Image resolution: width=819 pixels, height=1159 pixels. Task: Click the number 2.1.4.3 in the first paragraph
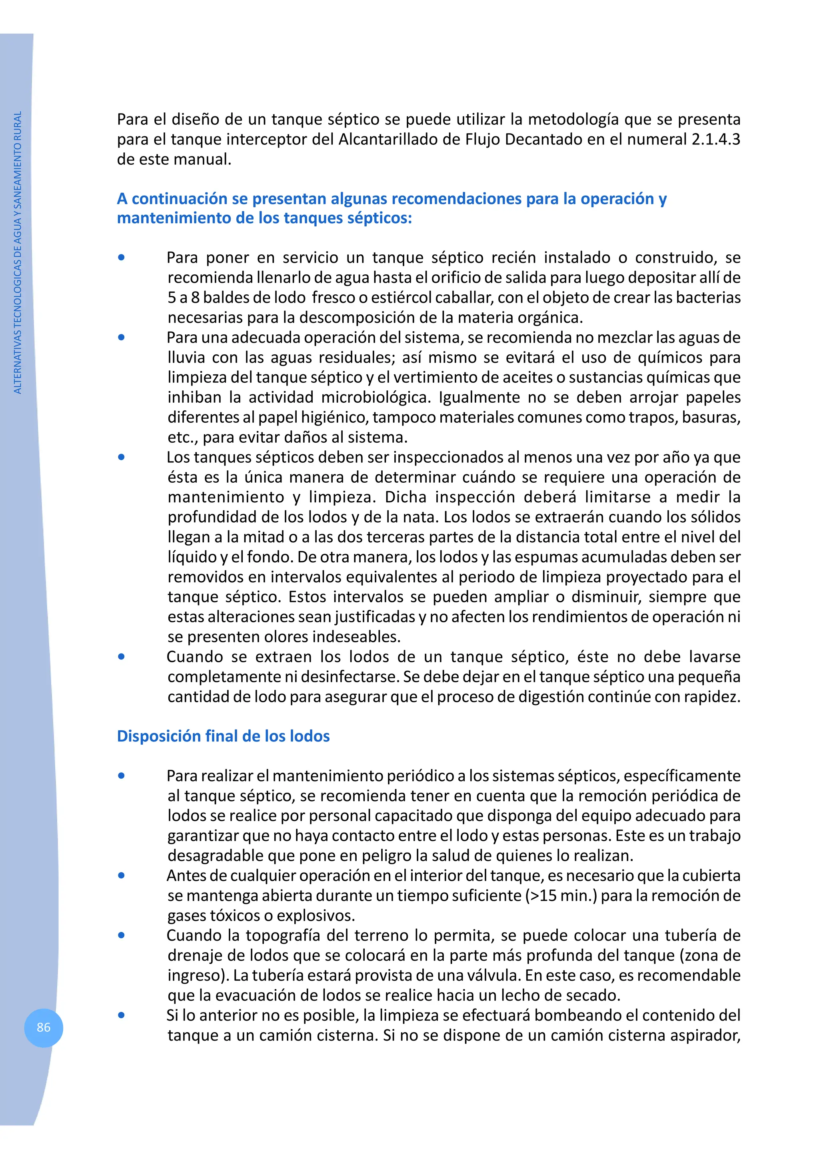[715, 139]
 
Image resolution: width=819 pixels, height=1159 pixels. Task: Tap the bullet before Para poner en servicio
[121, 258]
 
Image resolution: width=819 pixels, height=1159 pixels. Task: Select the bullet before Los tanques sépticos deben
[121, 457]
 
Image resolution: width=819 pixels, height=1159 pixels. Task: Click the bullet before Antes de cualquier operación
[121, 875]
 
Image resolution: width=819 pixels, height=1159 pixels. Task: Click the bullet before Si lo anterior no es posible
[121, 1015]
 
